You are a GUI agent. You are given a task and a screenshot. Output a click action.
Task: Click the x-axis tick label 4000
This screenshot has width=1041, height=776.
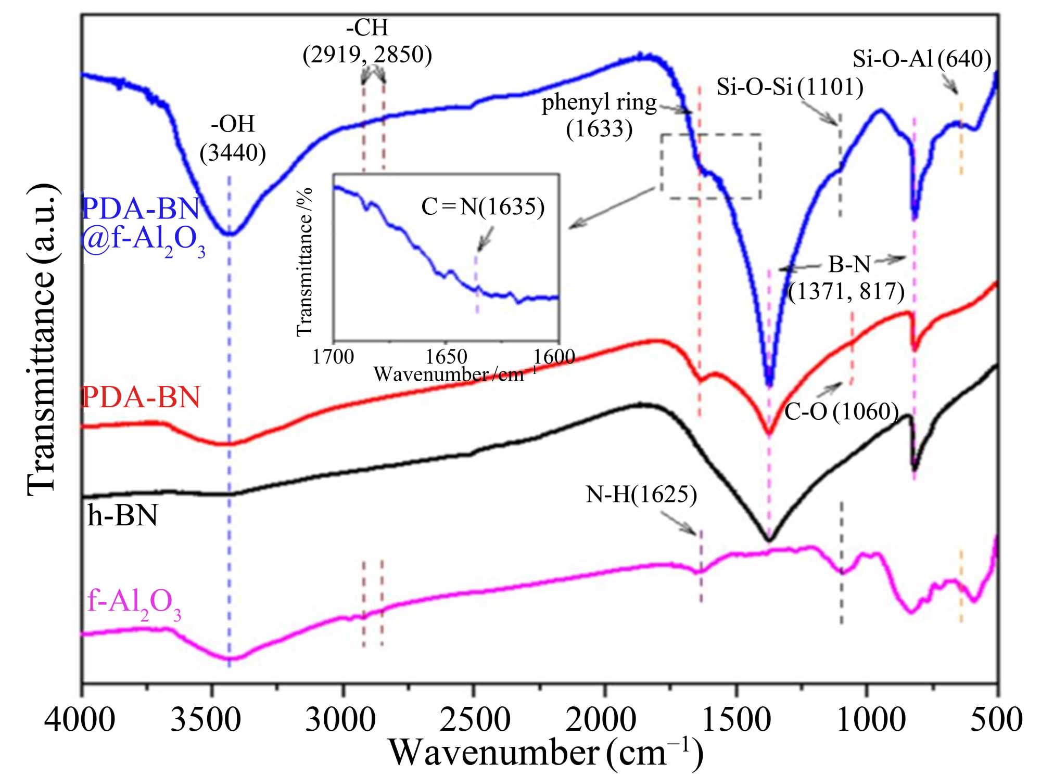tap(80, 720)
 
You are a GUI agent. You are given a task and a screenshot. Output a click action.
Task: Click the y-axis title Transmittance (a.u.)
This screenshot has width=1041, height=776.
tap(42, 338)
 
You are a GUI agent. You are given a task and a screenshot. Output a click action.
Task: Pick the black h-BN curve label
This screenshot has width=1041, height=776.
tap(122, 516)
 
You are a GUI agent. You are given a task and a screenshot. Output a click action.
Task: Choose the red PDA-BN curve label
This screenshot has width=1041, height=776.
tap(141, 398)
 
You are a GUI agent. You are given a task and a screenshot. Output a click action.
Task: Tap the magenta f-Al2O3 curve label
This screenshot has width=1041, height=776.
tap(134, 603)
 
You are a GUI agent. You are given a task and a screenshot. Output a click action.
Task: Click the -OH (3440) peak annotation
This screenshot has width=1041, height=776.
tap(233, 138)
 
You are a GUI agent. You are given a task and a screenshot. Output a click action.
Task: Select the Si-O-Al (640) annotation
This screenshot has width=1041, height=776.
tap(921, 59)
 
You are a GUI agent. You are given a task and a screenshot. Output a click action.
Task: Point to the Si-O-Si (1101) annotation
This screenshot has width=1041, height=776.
tap(790, 86)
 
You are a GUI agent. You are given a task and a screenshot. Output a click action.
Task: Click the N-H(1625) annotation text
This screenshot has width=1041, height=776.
tap(641, 494)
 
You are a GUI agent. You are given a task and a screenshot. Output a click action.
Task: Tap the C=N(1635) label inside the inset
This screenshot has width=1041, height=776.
tap(483, 207)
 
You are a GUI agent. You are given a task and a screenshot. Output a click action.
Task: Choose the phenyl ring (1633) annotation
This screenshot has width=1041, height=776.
tap(599, 115)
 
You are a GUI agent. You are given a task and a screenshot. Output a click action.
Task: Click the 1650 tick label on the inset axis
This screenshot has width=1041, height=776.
tap(446, 357)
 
